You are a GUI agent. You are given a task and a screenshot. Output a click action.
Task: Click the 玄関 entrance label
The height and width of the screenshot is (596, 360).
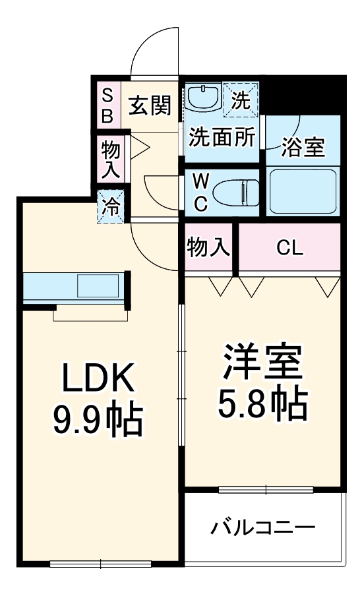pos(150,105)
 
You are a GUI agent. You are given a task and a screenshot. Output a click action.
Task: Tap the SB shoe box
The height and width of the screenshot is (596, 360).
pos(107,105)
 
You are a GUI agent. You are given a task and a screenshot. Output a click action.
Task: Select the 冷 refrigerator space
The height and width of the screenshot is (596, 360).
pos(110,207)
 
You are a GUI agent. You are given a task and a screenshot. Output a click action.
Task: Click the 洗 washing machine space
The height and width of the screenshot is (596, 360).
pos(241,100)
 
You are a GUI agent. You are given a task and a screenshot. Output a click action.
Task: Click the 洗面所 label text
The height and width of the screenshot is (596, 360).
pos(222,138)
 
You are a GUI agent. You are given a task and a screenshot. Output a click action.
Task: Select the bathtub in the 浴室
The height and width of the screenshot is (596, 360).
pos(303,192)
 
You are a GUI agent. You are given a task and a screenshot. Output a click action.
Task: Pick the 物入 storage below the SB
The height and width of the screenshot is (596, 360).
pos(110,160)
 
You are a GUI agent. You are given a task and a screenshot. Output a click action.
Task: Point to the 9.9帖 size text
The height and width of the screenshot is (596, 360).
pos(98,421)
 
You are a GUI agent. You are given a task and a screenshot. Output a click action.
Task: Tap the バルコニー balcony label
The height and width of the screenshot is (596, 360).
pos(263,527)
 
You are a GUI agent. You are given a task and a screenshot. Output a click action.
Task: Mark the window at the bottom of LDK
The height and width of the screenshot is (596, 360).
pos(100,563)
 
